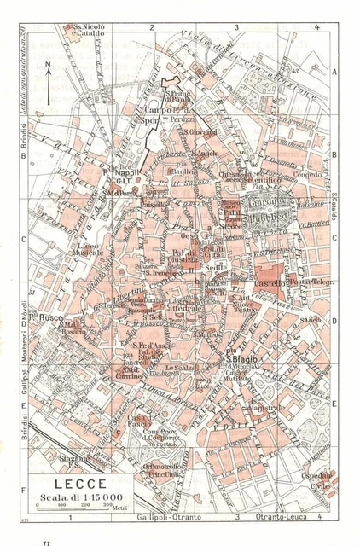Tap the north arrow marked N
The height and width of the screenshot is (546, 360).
(49, 81)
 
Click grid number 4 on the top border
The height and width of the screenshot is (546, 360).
(316, 27)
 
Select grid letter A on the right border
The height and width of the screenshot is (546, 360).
(335, 73)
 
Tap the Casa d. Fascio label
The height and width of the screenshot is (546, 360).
(141, 420)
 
